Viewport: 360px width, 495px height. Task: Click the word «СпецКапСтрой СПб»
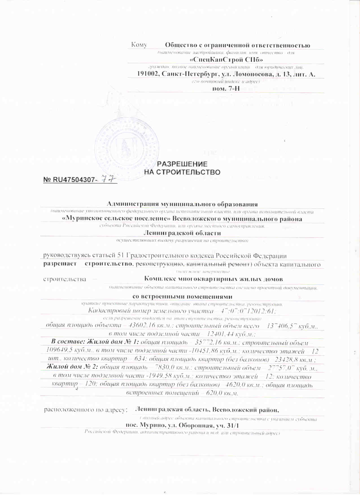click(x=226, y=60)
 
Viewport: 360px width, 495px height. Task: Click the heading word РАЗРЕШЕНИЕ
click(x=182, y=164)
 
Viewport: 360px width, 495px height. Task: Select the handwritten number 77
click(x=108, y=178)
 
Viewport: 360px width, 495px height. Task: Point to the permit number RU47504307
click(x=74, y=180)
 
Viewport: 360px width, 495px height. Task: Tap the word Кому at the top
click(x=139, y=45)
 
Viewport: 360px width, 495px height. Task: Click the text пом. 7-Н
click(x=226, y=89)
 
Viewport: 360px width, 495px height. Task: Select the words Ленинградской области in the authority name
click(x=182, y=233)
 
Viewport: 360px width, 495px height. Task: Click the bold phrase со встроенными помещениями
click(x=182, y=297)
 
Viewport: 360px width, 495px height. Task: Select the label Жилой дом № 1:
click(x=95, y=342)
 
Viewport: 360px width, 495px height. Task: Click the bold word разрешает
click(x=60, y=264)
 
